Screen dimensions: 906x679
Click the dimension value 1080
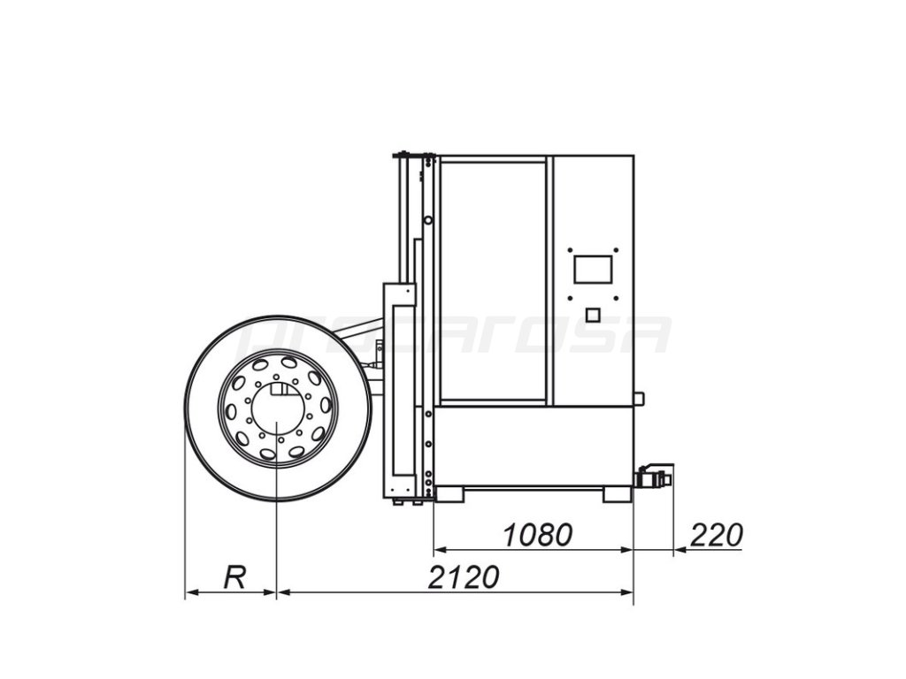tap(537, 535)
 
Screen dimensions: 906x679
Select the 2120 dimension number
tap(464, 577)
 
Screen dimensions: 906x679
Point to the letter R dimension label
tap(234, 576)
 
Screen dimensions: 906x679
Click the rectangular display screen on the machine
tap(593, 269)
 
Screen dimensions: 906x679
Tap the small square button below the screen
tap(593, 315)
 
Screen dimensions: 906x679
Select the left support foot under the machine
tap(450, 494)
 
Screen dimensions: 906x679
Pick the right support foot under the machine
tap(617, 494)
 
